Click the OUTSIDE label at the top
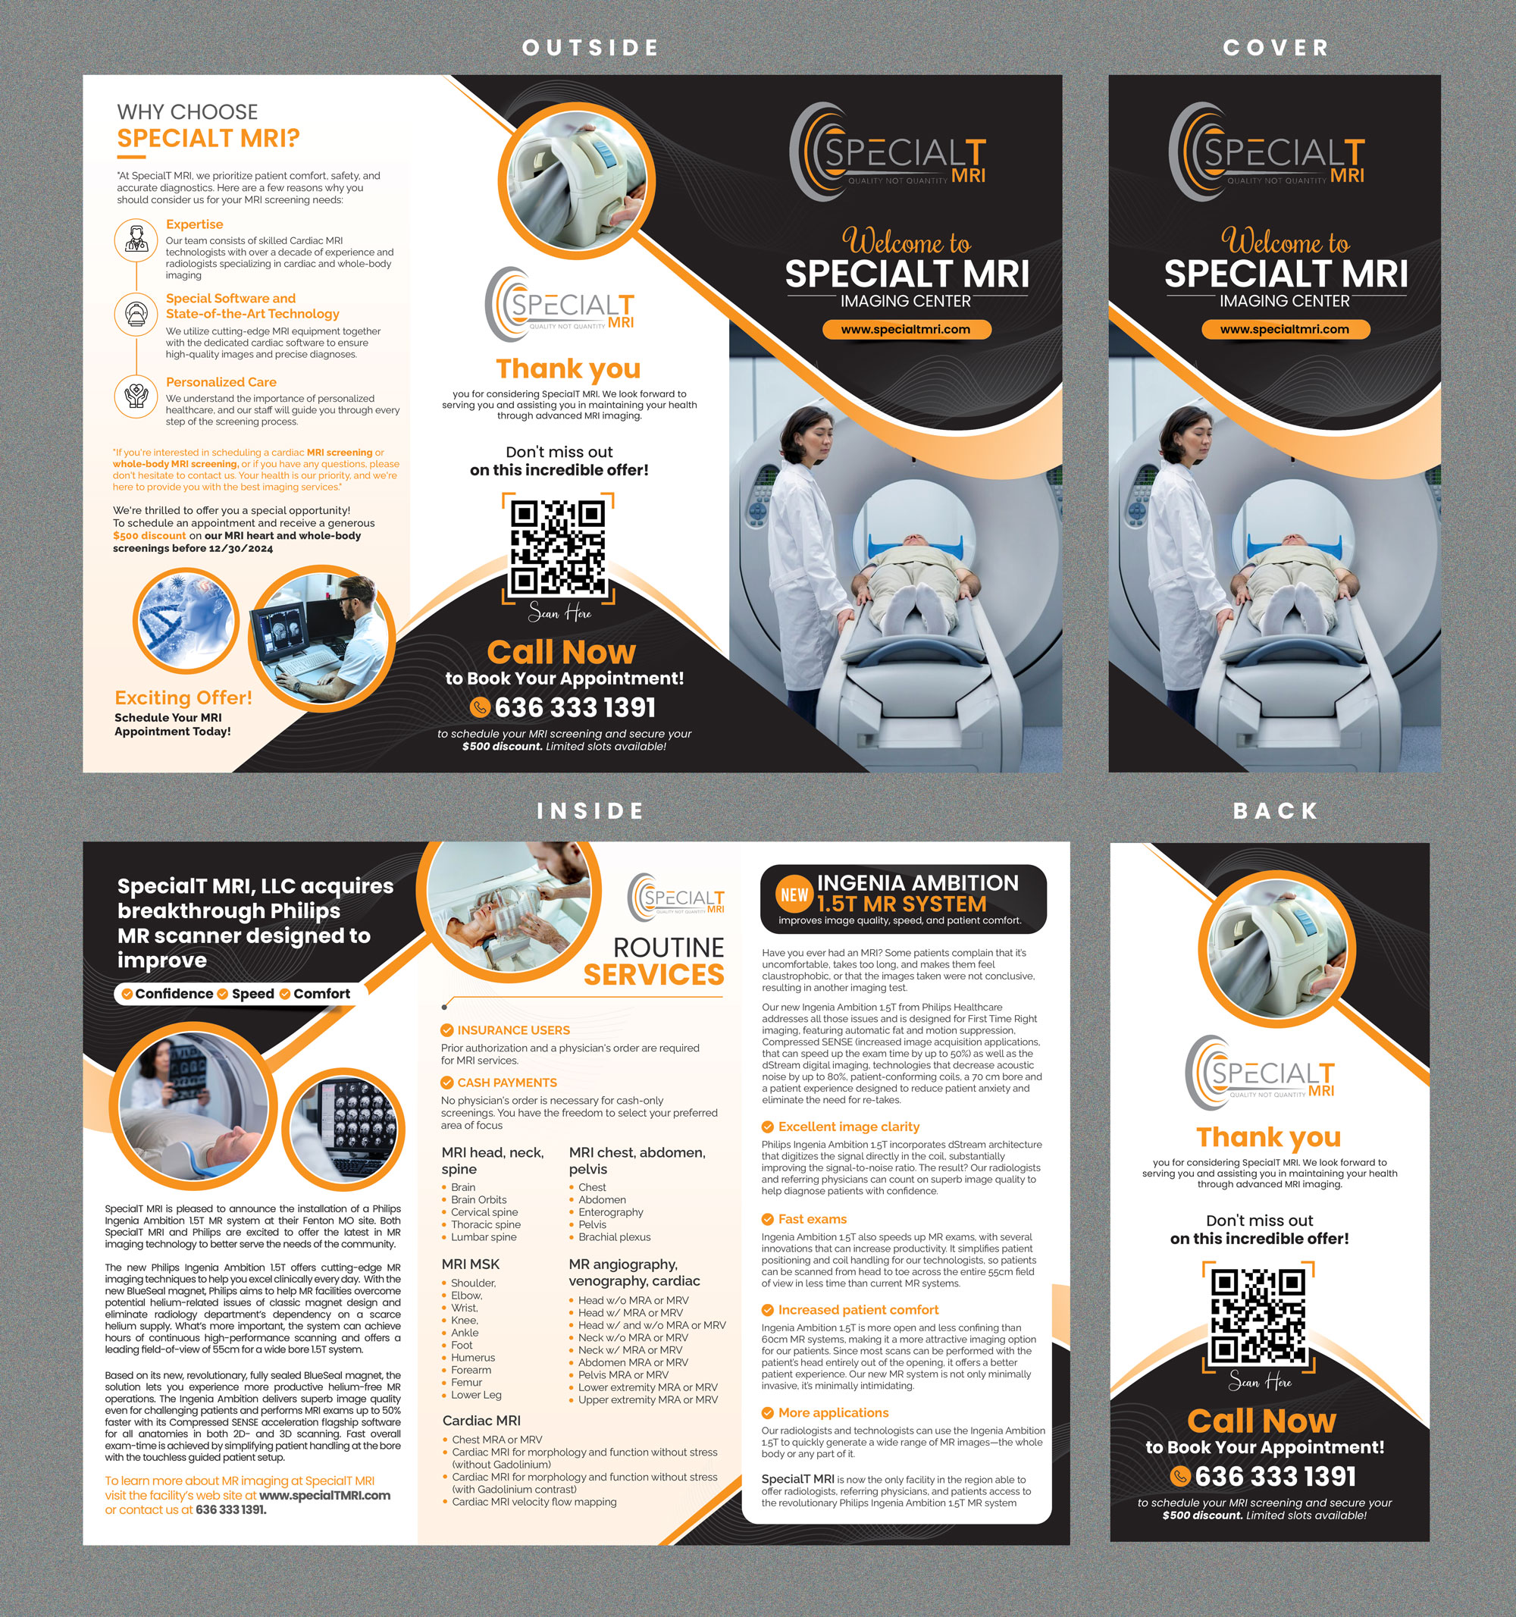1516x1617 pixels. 590,48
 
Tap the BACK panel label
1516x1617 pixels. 1275,811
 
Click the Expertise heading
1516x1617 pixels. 194,224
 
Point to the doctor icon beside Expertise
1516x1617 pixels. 136,241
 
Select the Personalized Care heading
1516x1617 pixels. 221,382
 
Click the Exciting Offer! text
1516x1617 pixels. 183,698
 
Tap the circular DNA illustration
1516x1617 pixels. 186,622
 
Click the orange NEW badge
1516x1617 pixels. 794,895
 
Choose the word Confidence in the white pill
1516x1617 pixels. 174,994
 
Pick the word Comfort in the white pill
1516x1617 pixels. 321,994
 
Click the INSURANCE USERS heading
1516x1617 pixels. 513,1030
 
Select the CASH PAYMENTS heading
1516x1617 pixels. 506,1083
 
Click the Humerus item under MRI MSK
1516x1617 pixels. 472,1358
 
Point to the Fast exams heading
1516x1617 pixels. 812,1219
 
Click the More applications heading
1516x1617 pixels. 833,1413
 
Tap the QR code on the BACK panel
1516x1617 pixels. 1258,1316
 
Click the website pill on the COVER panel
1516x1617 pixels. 1285,330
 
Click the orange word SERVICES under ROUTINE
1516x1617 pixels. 654,974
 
